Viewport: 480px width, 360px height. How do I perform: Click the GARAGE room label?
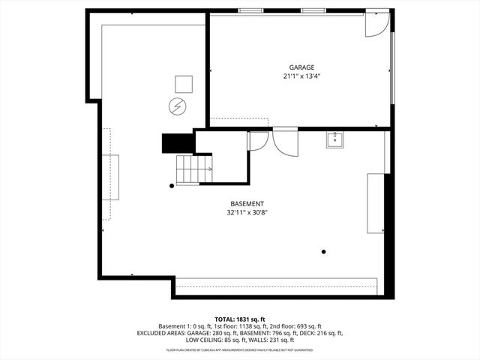[301, 67]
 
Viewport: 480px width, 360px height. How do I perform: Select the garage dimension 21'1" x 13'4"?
[301, 76]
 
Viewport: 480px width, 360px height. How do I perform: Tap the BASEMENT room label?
[247, 204]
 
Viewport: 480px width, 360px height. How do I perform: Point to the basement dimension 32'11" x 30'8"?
[247, 213]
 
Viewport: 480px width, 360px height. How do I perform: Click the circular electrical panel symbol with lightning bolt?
[177, 106]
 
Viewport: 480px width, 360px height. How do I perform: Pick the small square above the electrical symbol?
[184, 84]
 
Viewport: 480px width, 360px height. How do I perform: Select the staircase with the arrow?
[193, 169]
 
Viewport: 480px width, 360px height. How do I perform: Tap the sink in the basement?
[334, 139]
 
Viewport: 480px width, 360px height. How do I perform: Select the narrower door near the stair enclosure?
[257, 140]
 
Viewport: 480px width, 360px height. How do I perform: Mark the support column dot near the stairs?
[172, 185]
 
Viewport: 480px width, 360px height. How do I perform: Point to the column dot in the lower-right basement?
[324, 251]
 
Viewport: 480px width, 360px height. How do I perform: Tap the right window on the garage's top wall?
[313, 10]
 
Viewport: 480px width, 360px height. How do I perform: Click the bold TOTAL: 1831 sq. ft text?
[240, 319]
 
